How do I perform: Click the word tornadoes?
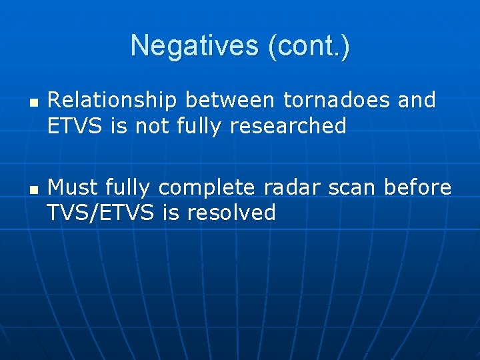(337, 101)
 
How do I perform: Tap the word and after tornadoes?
(416, 101)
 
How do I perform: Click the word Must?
(73, 188)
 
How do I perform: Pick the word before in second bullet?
(418, 188)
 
